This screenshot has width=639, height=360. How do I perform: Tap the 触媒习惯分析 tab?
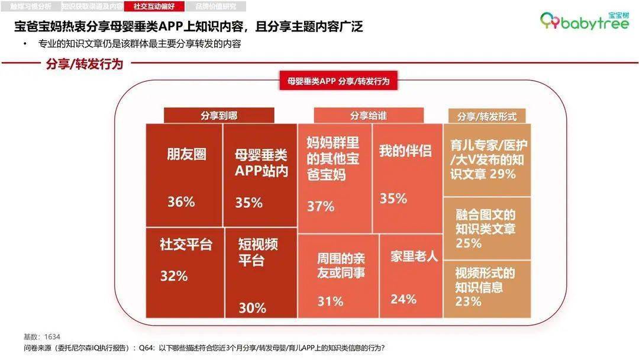31,7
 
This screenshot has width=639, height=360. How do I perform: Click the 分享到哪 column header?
219,115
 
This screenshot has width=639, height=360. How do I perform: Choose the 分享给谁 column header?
368,115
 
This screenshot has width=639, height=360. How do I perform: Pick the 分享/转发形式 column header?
487,117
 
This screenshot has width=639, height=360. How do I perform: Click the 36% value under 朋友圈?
181,202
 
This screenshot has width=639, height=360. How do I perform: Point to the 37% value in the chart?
321,207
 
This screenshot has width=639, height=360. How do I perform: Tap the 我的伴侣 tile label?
405,150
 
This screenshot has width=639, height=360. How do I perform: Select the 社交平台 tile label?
186,245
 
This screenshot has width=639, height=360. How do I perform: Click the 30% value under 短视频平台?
252,308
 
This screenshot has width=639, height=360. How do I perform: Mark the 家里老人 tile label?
414,256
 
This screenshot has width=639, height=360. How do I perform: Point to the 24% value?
404,299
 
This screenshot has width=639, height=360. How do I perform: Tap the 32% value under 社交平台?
174,276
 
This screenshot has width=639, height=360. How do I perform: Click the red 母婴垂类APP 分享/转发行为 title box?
338,82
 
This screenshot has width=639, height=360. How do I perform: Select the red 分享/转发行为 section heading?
85,65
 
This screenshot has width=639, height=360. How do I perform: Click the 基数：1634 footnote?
42,336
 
